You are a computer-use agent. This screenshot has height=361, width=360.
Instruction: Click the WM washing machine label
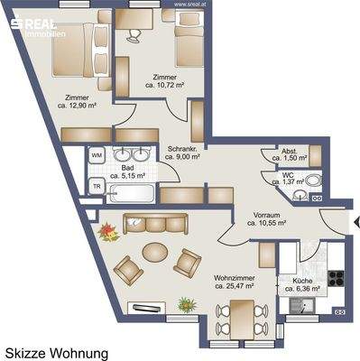tap(97, 155)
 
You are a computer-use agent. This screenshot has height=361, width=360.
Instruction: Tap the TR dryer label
tap(97, 186)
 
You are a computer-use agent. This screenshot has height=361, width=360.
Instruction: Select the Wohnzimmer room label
tap(233, 281)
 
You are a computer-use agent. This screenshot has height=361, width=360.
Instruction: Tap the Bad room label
tap(126, 173)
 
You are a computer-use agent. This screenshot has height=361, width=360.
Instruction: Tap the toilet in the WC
tap(313, 180)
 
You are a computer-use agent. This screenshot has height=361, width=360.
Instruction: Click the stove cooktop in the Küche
tap(336, 263)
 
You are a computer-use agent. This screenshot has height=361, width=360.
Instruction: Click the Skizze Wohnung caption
tap(56, 353)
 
